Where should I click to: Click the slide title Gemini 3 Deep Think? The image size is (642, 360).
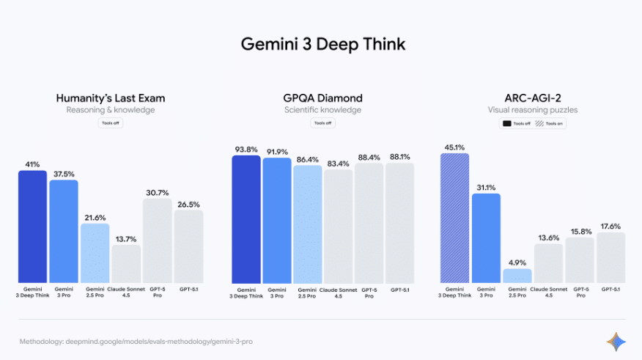pos(322,45)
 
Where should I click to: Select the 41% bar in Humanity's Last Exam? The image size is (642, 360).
pos(32,227)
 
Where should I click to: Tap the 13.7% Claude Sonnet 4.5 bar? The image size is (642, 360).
pos(126,264)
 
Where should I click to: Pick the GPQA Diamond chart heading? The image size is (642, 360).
pos(322,98)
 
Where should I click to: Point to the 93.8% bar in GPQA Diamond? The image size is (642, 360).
pos(246,220)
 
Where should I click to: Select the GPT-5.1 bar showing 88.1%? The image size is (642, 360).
pos(399,224)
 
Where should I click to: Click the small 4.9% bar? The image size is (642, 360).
pos(517,276)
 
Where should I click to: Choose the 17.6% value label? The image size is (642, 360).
pos(610,226)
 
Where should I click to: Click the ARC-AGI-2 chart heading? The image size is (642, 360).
pos(533,98)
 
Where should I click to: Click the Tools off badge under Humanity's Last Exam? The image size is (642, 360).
pos(111,123)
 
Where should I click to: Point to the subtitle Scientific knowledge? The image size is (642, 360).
pos(322,110)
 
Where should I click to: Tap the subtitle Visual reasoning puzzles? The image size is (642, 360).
pos(533,110)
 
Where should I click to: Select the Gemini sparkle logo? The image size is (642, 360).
pos(616,341)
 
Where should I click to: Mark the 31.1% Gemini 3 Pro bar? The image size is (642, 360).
pos(485,238)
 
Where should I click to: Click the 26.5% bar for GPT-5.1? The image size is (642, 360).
pos(188,247)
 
